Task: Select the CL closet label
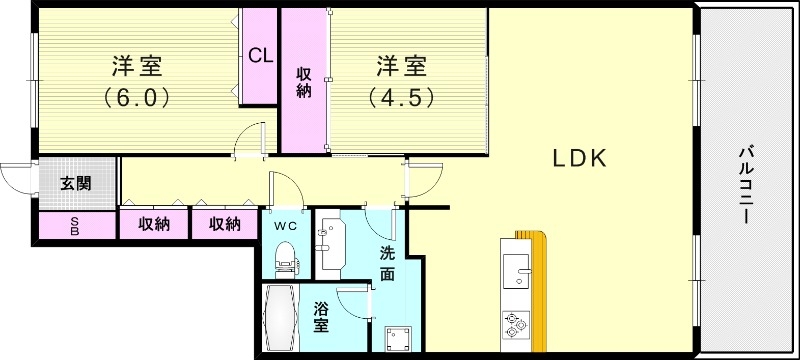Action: tap(260, 56)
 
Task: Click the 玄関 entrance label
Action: tap(75, 183)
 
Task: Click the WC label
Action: tap(286, 225)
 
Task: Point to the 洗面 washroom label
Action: tap(387, 262)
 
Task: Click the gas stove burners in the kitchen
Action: tap(516, 322)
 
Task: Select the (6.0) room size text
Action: tap(137, 98)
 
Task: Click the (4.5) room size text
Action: tap(401, 98)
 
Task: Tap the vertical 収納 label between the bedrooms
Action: tap(303, 81)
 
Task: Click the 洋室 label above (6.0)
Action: tap(137, 67)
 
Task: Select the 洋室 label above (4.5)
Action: tap(401, 67)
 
